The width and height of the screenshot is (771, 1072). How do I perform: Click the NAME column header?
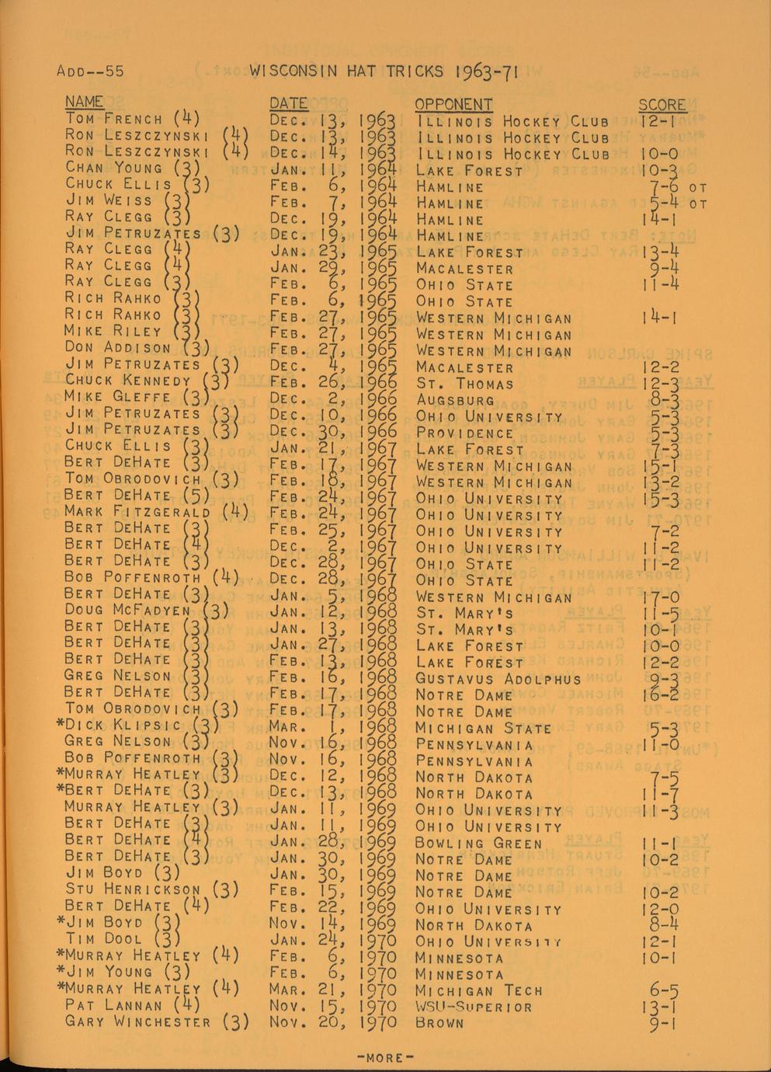coord(84,102)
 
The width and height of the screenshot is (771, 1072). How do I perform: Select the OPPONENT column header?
coord(453,104)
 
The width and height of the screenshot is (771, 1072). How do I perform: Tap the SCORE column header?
coord(662,105)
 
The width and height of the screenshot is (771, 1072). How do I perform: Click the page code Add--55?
coord(90,72)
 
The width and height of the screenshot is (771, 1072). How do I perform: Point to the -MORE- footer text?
coord(385,1057)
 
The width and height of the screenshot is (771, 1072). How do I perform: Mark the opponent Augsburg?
coord(455,401)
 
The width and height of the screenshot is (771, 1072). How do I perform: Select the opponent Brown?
coord(439,1024)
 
